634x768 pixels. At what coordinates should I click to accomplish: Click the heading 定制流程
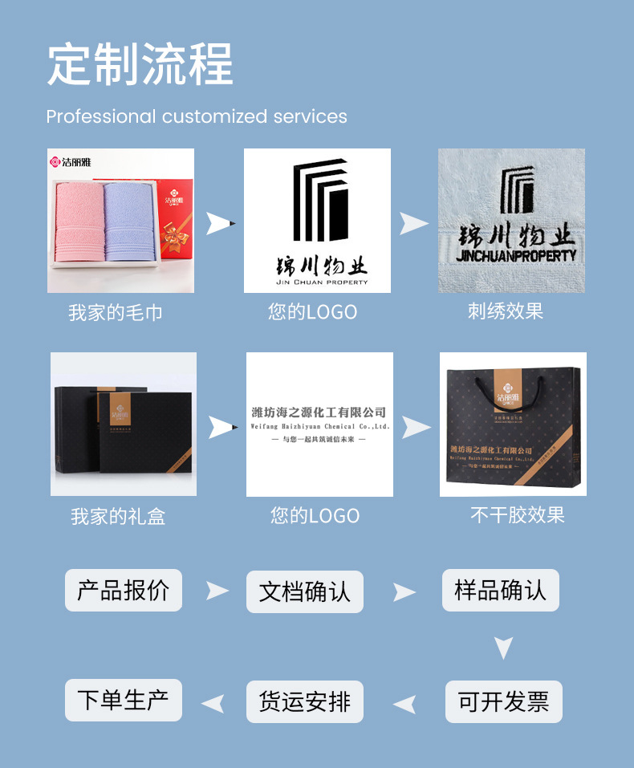[x=140, y=63]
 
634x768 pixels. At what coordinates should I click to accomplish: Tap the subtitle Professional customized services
[x=197, y=116]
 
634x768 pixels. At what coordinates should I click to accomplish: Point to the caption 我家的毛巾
[x=116, y=312]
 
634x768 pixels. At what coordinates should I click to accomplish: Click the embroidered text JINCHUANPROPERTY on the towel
[x=515, y=256]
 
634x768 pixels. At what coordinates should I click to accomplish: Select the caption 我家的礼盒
[x=118, y=516]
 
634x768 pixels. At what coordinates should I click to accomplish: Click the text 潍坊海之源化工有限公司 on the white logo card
[x=319, y=412]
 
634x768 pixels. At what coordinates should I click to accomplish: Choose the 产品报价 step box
[x=124, y=591]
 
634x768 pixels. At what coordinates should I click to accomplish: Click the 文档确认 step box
[x=305, y=592]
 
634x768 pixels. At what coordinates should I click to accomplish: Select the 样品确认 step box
[x=501, y=591]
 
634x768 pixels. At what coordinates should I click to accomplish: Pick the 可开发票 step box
[x=504, y=701]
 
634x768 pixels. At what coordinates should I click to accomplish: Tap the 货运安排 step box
[x=305, y=701]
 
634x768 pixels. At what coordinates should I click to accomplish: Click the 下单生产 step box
[x=124, y=700]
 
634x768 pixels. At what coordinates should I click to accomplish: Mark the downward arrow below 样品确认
[x=503, y=646]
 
